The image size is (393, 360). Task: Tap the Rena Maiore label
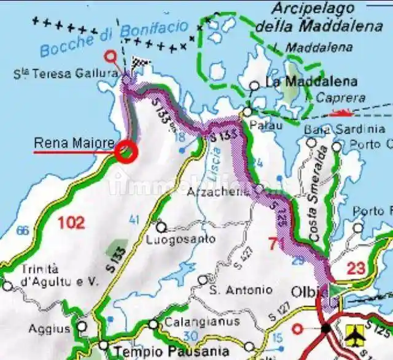point(74,144)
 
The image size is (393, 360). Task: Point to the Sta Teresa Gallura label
point(66,74)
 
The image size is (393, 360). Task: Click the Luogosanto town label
point(181,239)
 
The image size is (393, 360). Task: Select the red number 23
point(356,268)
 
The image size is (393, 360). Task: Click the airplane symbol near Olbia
point(354,335)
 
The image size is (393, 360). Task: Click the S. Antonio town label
point(240,289)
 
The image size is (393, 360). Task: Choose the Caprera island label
point(340,98)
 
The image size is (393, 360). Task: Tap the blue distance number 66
point(23,231)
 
